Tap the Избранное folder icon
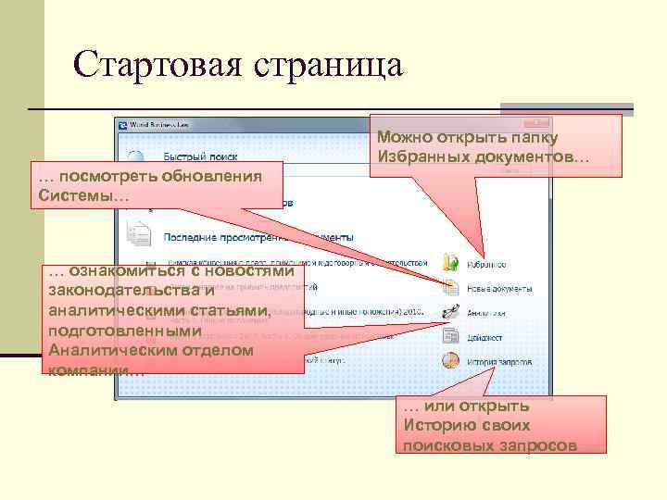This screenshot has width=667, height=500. (x=451, y=262)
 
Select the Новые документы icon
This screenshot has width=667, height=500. (x=451, y=286)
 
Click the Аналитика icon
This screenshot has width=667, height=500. (x=451, y=311)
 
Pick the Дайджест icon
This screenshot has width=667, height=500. (x=451, y=335)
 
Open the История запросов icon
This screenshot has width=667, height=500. (x=451, y=359)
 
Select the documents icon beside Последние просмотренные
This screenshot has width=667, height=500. (x=138, y=235)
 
